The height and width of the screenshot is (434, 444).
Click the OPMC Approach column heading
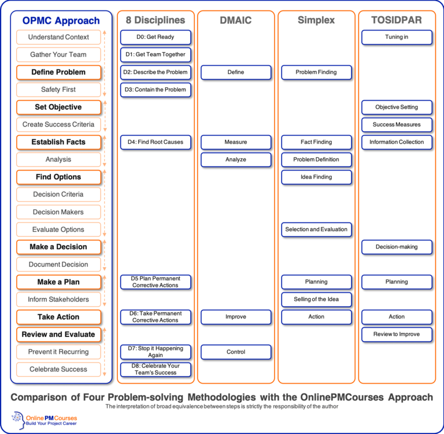(61, 20)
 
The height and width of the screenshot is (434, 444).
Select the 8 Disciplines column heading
(156, 20)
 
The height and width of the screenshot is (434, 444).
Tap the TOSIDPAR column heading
(397, 20)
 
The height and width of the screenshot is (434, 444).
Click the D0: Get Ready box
(156, 37)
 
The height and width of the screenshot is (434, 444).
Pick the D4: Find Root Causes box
(156, 142)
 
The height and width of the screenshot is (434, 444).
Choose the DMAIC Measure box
(236, 142)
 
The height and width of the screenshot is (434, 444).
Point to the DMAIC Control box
(236, 352)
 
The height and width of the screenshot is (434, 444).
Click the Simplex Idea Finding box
(316, 177)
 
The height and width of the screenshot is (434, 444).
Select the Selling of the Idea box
(316, 299)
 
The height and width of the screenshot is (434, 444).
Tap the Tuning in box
(397, 37)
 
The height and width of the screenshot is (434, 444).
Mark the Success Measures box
(397, 125)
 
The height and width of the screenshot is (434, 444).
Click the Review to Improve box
(397, 334)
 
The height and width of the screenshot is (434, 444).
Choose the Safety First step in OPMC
(58, 90)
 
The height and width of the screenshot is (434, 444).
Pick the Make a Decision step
(58, 247)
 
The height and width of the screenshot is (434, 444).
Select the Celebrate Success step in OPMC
(58, 369)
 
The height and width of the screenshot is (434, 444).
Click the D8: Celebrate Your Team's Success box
(156, 369)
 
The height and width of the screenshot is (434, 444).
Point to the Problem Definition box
(316, 159)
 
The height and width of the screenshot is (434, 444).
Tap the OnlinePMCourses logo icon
(18, 421)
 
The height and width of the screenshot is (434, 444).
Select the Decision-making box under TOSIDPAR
(397, 247)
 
